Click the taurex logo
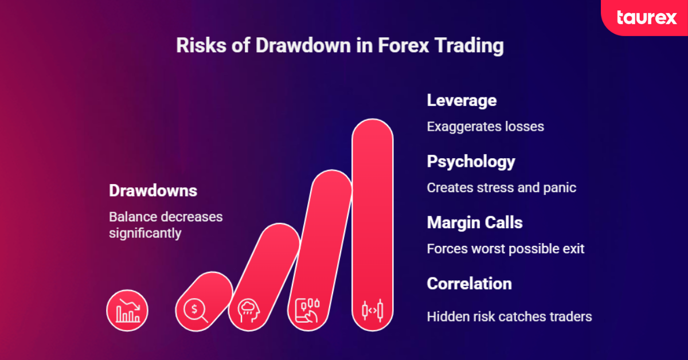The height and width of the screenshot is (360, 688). (646, 17)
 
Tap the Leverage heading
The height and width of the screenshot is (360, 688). (462, 100)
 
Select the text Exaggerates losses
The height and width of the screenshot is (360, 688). (485, 126)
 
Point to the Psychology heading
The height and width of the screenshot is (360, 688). (471, 162)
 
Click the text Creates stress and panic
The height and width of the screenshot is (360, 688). (501, 187)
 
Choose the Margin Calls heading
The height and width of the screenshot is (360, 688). (474, 222)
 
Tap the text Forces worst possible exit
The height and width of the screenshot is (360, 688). (505, 249)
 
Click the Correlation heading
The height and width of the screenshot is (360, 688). (469, 283)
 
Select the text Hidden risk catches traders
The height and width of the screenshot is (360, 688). (509, 316)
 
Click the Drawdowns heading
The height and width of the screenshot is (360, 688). (153, 191)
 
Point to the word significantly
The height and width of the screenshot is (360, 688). (145, 233)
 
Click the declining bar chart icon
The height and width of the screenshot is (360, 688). (127, 311)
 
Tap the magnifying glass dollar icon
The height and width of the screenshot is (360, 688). (196, 311)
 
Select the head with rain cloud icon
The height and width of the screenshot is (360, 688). (249, 311)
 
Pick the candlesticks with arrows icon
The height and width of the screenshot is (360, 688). (372, 310)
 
